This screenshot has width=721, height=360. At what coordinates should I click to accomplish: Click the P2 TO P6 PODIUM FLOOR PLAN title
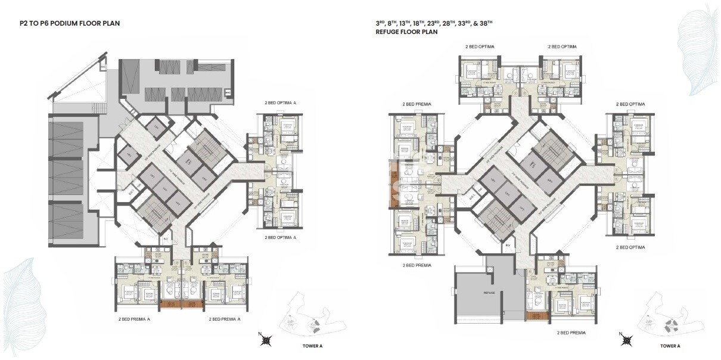(x=70, y=24)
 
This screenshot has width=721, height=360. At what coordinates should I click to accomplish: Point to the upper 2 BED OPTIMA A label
(x=279, y=103)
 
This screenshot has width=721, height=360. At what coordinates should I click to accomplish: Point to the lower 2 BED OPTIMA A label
(x=279, y=237)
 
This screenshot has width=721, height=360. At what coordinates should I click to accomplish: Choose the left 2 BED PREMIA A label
(x=134, y=319)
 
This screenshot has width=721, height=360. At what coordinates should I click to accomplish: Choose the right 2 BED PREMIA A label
(x=224, y=319)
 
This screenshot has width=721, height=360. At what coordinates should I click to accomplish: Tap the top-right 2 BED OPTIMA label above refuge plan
(x=562, y=46)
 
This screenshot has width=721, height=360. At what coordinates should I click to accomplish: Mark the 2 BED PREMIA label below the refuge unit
(x=571, y=332)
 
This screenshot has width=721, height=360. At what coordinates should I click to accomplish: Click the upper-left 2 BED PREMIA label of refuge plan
(x=417, y=104)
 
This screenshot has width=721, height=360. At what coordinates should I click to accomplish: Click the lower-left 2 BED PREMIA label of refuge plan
(x=417, y=265)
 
